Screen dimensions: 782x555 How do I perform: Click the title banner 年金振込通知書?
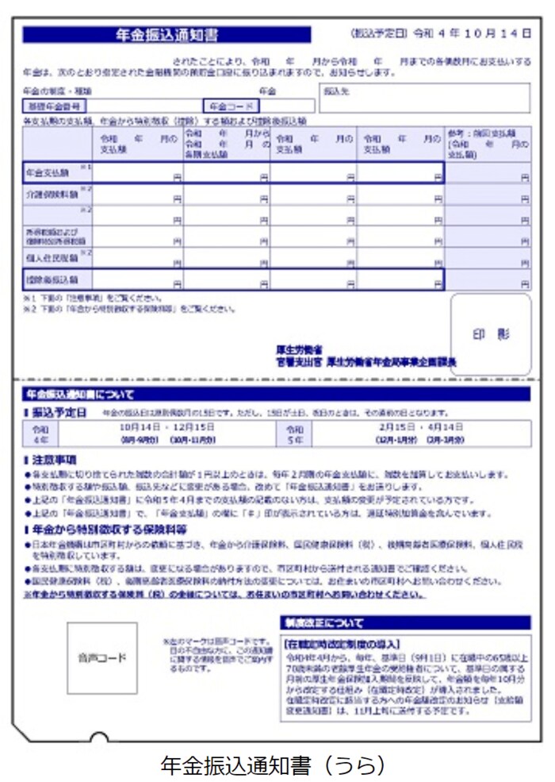[166, 35]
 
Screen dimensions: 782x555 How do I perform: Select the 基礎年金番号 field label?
[54, 106]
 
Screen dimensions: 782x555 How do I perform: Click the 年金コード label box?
[231, 106]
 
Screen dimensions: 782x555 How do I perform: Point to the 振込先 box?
[424, 98]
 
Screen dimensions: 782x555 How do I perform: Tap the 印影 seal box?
[491, 334]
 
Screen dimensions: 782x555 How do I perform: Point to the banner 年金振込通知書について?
[79, 394]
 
